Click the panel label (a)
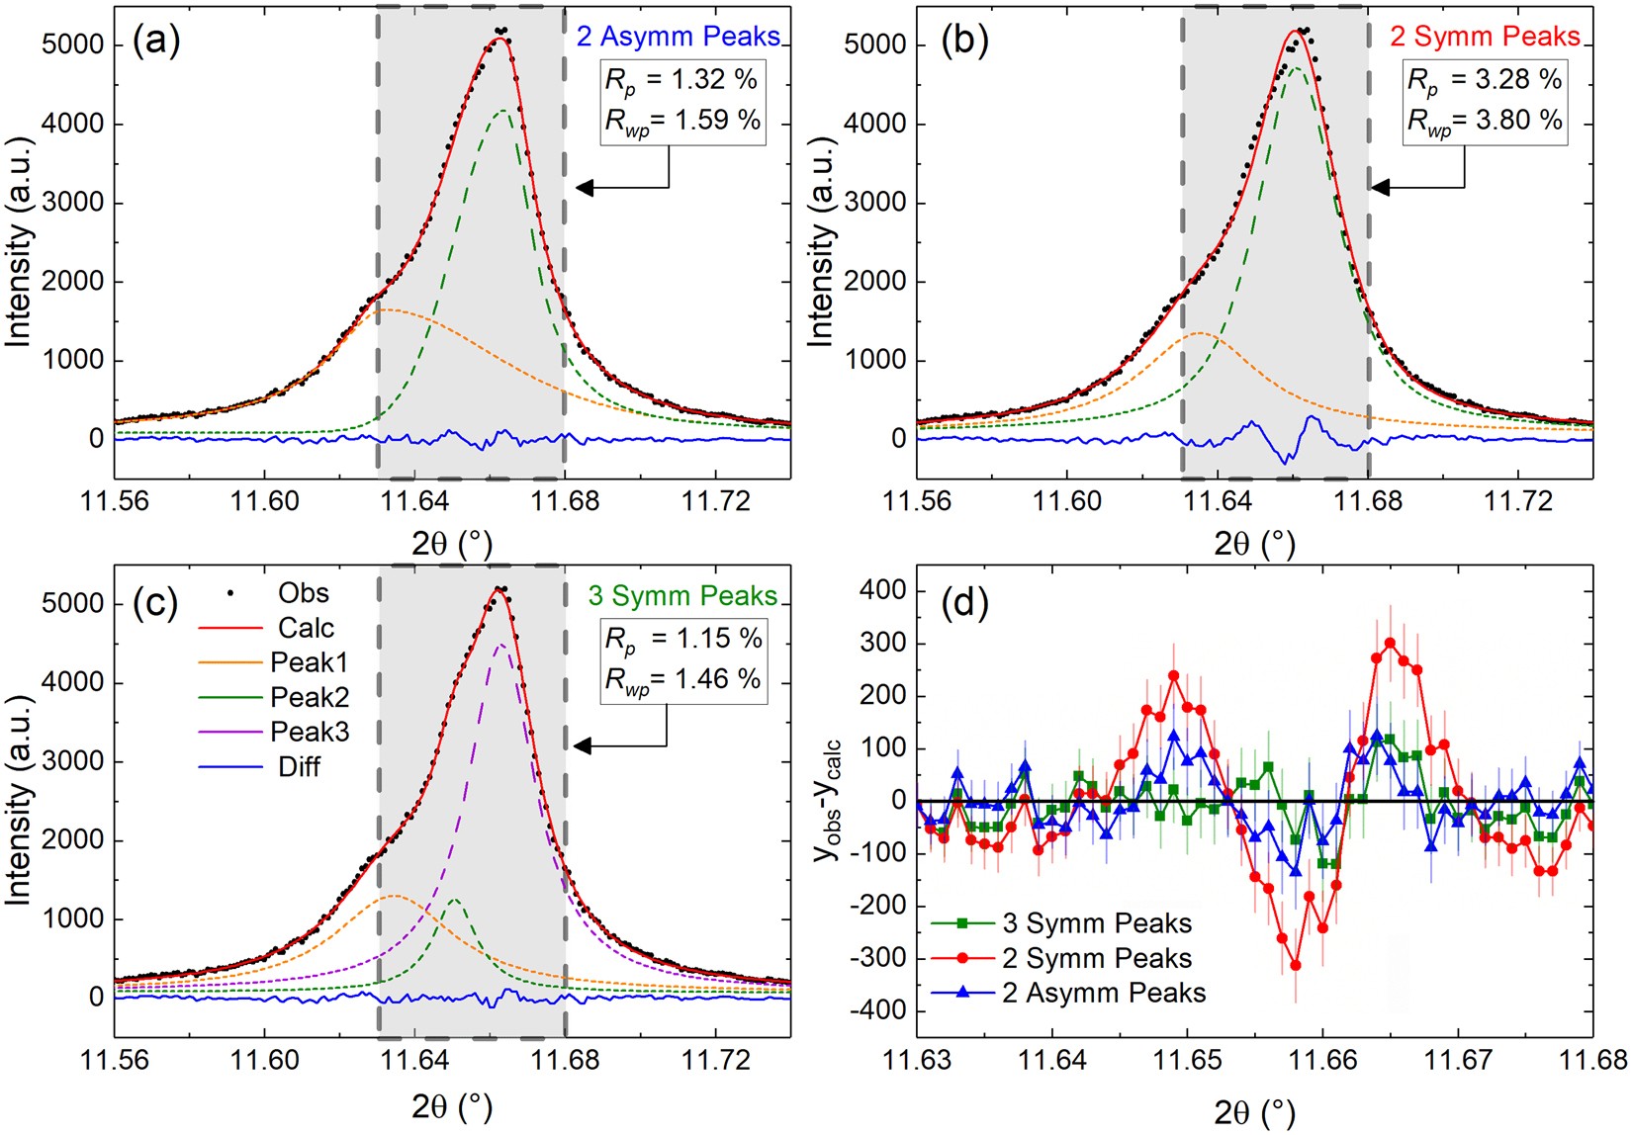(x=156, y=43)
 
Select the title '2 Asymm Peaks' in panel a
(x=679, y=37)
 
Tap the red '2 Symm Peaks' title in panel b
(x=1485, y=37)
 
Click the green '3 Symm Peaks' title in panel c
(x=682, y=596)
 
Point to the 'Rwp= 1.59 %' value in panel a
(x=682, y=121)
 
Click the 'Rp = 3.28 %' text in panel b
(x=1485, y=79)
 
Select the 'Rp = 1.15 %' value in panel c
(x=682, y=639)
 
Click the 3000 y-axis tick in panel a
(x=74, y=203)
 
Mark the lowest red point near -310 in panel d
(x=1296, y=965)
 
